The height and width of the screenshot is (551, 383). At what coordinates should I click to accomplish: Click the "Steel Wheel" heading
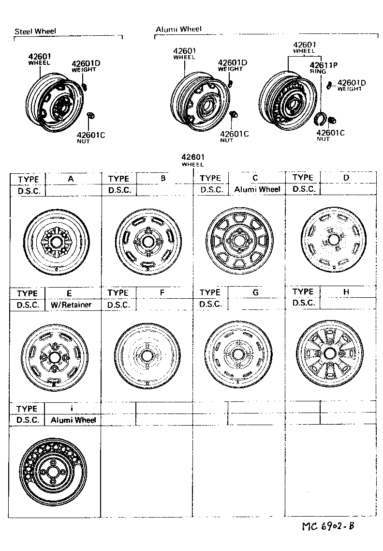tap(35, 31)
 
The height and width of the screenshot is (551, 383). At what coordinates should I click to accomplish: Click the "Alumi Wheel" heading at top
tap(178, 30)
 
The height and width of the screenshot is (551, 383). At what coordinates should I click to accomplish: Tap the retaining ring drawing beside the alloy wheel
tap(319, 118)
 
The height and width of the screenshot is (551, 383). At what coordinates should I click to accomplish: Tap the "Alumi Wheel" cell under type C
tap(257, 189)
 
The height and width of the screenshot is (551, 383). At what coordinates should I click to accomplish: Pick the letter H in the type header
tap(346, 292)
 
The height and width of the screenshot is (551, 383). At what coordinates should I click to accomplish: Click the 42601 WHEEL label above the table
tap(193, 160)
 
